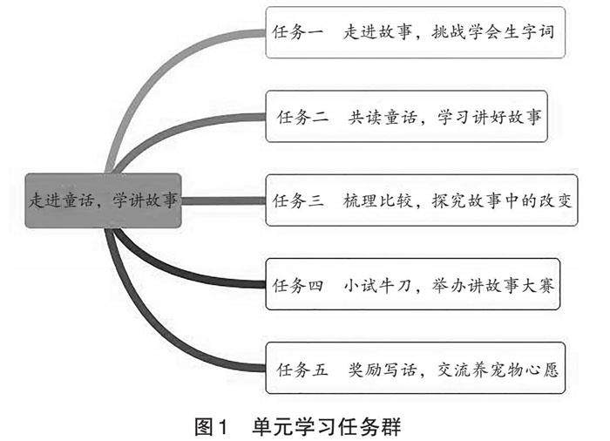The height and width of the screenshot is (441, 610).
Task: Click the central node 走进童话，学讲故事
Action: point(103,200)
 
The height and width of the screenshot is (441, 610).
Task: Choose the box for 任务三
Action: point(422,200)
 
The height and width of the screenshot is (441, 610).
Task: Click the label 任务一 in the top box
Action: point(297,33)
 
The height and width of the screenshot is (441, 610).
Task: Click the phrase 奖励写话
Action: point(373,370)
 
